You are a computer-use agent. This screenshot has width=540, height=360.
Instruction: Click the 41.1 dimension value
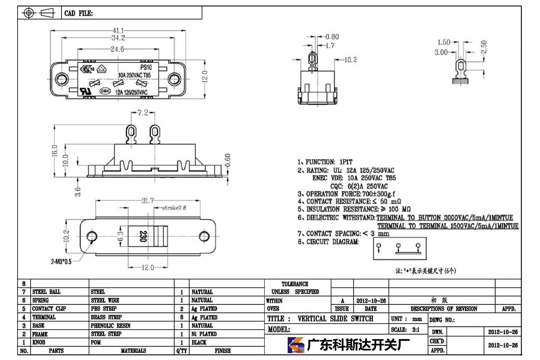point(118,30)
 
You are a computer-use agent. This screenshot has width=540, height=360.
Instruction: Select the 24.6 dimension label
point(117,49)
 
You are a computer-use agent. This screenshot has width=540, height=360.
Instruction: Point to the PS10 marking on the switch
point(146,68)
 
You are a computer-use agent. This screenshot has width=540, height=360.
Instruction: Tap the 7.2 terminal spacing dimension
point(143,113)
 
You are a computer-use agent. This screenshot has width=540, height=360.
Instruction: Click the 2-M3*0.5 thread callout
point(61,262)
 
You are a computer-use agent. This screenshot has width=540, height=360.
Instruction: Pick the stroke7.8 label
point(174,208)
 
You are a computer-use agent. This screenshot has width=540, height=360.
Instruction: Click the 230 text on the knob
point(143,236)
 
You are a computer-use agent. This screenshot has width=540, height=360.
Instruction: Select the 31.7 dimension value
point(148,200)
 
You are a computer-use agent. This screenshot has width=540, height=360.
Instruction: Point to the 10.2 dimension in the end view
point(350,60)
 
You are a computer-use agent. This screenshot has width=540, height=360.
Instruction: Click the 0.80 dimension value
point(332,37)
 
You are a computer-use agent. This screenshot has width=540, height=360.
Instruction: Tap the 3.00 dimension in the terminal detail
point(441,52)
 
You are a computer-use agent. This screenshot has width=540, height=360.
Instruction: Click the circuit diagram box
point(400,248)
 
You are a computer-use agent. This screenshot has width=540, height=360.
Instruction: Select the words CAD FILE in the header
point(78,13)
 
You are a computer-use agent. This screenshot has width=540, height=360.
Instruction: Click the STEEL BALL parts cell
point(46,292)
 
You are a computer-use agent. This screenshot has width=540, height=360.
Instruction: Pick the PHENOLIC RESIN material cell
point(111,325)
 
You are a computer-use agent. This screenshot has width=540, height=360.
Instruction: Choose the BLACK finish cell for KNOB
point(199,342)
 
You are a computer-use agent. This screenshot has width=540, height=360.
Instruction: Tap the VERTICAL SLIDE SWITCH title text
point(335,319)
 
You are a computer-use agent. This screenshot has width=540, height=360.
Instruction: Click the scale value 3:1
point(416,330)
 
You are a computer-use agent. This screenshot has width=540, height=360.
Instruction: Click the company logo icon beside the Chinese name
point(295,345)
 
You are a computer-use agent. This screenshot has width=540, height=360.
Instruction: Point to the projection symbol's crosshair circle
point(29,13)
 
